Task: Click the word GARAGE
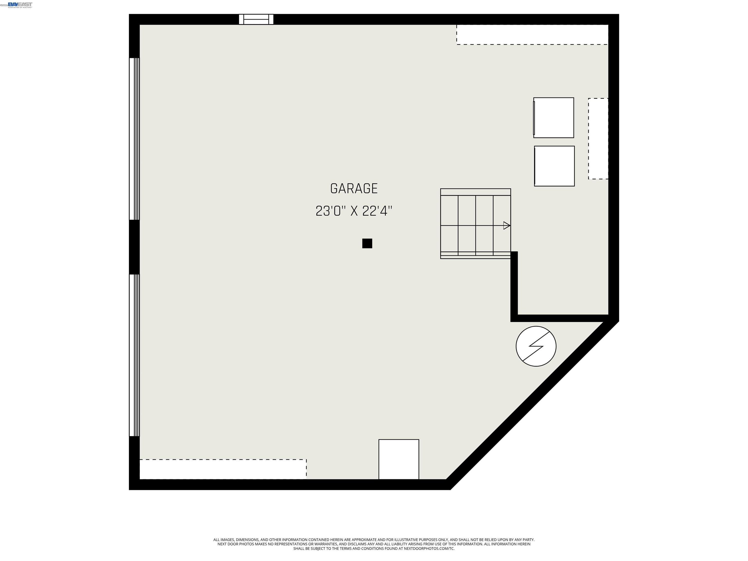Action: click(x=354, y=189)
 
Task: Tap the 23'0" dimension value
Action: click(x=331, y=211)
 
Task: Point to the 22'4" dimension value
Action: click(x=377, y=211)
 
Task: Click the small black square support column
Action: click(x=367, y=243)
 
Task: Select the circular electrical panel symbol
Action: click(x=536, y=346)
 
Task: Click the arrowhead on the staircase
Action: click(x=506, y=225)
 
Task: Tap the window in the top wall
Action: click(x=256, y=19)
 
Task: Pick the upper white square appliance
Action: click(x=553, y=118)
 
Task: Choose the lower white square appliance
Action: click(x=554, y=166)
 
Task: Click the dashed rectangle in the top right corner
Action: click(x=532, y=35)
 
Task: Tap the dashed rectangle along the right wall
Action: click(x=598, y=139)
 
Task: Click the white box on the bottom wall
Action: click(x=399, y=459)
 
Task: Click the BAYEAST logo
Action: click(x=20, y=5)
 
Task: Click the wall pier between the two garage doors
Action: click(x=134, y=247)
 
